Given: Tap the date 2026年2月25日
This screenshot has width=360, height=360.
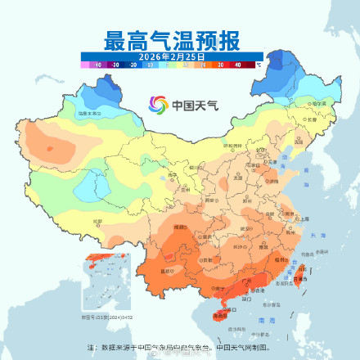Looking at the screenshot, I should click(x=172, y=56).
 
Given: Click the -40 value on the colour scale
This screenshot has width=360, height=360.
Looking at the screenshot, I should click(x=97, y=64).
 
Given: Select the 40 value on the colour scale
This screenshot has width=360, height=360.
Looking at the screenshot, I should click(x=238, y=64).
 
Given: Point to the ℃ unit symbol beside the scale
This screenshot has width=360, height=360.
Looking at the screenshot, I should click(x=259, y=63).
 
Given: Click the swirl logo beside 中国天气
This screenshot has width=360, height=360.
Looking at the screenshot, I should click(x=157, y=105).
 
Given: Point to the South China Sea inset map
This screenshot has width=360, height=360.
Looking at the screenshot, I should click(x=106, y=287).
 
